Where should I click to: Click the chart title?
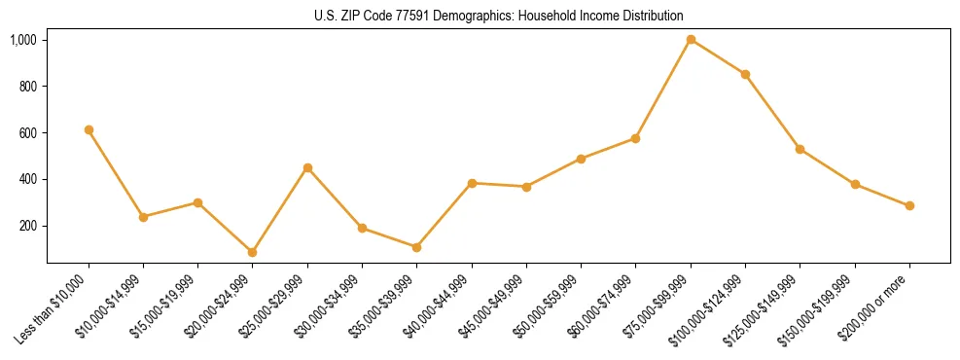[x=498, y=16]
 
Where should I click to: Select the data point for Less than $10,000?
[x=89, y=129]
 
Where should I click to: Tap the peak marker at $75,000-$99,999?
[x=691, y=40]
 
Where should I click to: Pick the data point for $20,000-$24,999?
[x=253, y=252]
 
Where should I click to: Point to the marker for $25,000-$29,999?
[x=307, y=168]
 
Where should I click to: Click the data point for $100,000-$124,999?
[x=745, y=74]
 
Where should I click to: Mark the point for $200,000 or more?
[x=909, y=206]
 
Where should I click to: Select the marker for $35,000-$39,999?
[x=416, y=247]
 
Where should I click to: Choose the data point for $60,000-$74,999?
[x=635, y=138]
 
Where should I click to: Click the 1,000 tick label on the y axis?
[x=23, y=40]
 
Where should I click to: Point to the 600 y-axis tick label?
[x=27, y=132]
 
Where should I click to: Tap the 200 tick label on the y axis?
[x=27, y=226]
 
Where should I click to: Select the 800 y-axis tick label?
[x=27, y=87]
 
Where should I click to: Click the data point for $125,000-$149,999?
[x=800, y=149]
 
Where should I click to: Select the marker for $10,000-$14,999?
[x=143, y=217]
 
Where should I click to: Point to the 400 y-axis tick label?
[x=27, y=179]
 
